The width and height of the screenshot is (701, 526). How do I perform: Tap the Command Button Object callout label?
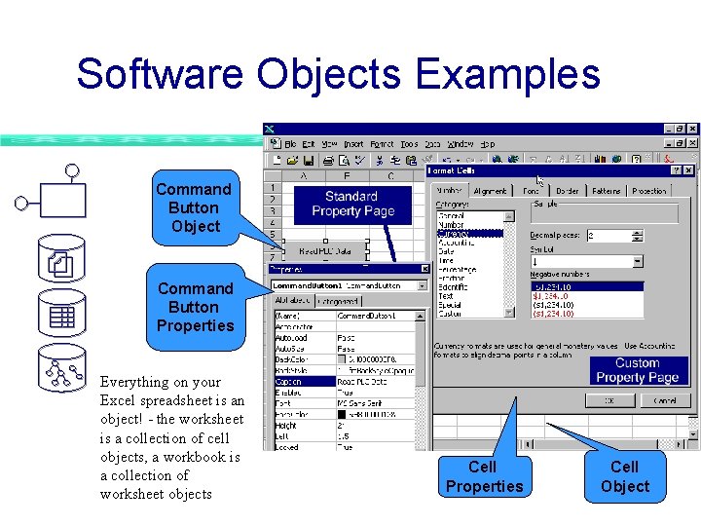194,207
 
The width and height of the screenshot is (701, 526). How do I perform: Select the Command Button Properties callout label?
195,307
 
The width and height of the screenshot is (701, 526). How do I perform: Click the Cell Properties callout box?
484,476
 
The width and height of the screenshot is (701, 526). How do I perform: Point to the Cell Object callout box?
624,476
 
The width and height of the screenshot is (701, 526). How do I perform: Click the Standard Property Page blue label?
351,204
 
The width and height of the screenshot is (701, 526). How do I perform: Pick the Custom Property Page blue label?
637,370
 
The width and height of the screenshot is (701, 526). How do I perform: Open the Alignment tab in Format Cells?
490,191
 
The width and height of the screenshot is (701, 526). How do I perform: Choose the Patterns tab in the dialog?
606,191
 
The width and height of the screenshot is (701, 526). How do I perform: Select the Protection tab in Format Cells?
649,191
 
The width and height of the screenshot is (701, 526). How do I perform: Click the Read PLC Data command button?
325,250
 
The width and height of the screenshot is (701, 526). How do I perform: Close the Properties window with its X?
424,269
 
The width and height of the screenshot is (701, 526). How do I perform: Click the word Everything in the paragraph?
135,382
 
